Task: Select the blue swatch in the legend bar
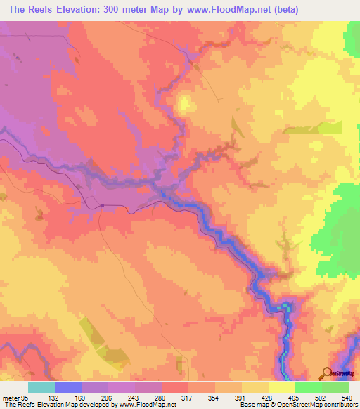67,388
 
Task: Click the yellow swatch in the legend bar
281,388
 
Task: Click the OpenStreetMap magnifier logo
326,372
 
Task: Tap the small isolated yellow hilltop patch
184,104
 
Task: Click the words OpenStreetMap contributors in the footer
323,405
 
